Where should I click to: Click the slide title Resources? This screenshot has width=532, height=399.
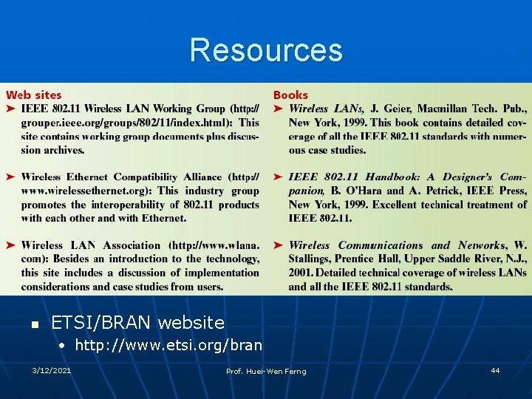(x=266, y=50)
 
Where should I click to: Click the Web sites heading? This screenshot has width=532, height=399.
(x=34, y=95)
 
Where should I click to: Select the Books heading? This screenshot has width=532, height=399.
(x=290, y=95)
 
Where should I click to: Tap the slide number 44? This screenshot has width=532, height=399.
(x=495, y=370)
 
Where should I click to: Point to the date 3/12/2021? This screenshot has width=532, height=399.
(x=52, y=370)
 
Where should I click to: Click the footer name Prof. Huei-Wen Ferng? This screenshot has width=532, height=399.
(x=266, y=371)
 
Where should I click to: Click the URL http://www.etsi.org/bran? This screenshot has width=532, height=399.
(x=168, y=345)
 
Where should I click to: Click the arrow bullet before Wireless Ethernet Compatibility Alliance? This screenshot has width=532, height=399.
(x=11, y=177)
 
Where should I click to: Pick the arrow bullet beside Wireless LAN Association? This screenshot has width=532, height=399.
(x=11, y=245)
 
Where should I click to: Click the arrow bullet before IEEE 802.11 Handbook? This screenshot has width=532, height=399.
(x=279, y=177)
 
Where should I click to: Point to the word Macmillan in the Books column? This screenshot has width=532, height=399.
(x=429, y=109)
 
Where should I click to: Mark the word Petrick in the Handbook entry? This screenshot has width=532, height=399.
(x=434, y=191)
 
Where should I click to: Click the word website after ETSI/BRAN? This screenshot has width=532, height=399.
(x=191, y=323)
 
